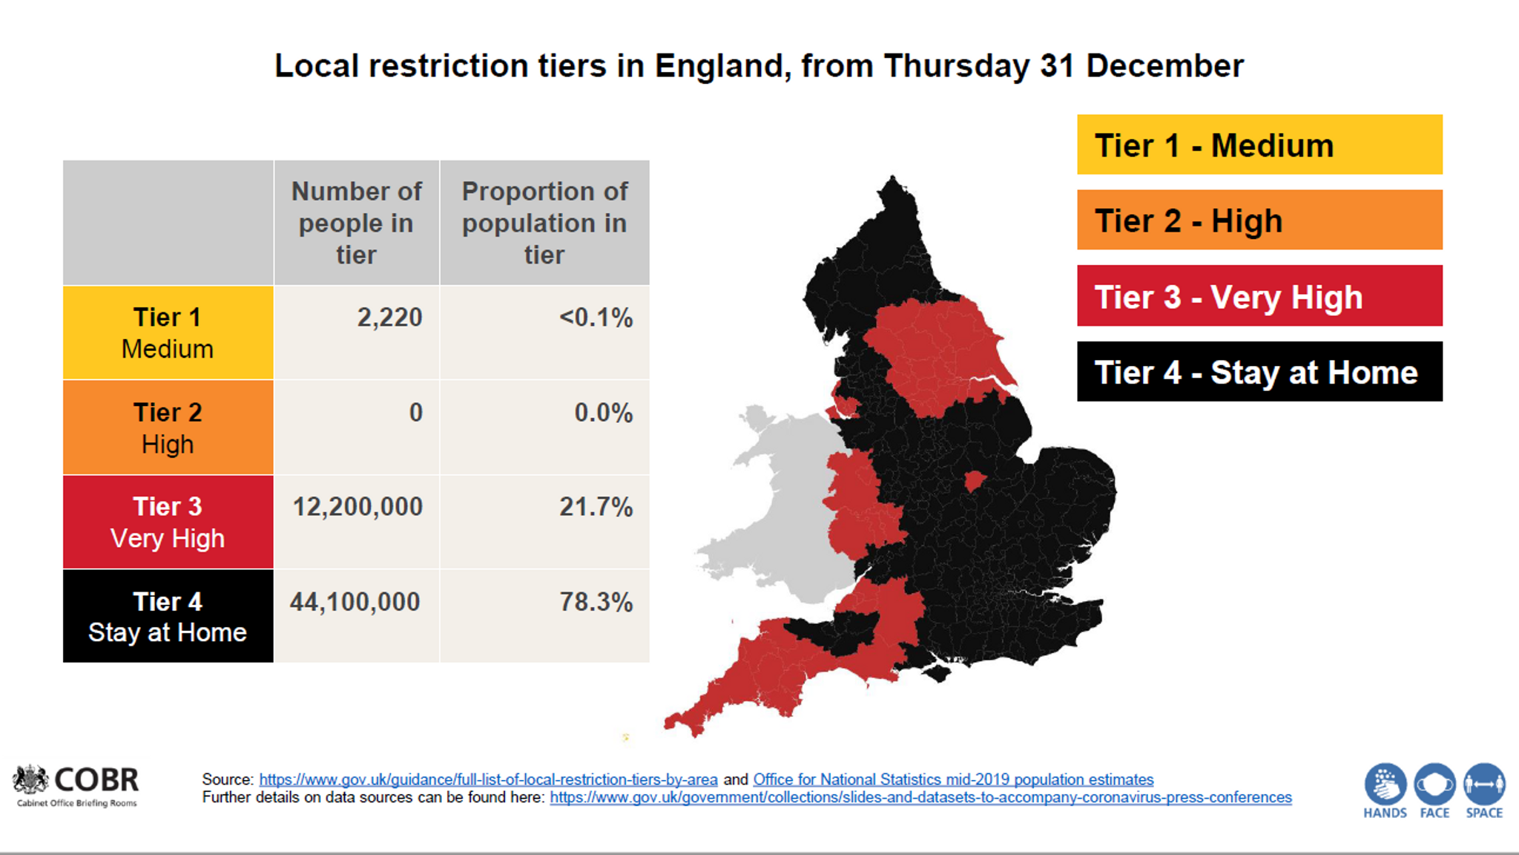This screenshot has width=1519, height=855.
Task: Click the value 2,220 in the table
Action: (x=389, y=318)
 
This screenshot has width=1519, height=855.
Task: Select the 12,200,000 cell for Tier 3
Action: (x=357, y=507)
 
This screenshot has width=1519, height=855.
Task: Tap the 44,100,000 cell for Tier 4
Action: (x=355, y=602)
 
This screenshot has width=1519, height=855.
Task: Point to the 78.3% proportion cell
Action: (x=596, y=602)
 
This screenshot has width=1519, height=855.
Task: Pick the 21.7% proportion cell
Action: (x=596, y=507)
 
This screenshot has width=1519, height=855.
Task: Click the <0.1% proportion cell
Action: (x=596, y=318)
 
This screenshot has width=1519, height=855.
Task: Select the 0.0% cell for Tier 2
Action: (x=603, y=413)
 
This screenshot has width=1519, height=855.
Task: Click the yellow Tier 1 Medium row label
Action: (x=168, y=332)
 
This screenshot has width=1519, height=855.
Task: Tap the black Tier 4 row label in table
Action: (x=168, y=616)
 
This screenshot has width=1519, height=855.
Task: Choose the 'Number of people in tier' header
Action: (x=356, y=223)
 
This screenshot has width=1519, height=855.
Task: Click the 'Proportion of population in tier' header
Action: (x=544, y=223)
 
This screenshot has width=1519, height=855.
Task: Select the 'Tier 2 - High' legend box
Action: (x=1259, y=220)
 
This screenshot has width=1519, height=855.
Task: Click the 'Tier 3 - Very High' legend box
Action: (x=1259, y=296)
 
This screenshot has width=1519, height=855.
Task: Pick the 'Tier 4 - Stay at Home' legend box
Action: (x=1259, y=372)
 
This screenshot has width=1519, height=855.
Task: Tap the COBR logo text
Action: (x=96, y=780)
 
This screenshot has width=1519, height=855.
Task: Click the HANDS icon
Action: (x=1385, y=785)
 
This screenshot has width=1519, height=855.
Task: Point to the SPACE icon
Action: (x=1484, y=785)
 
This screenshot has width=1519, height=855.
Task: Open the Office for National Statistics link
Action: (x=953, y=779)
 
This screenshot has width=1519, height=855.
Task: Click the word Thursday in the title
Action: (x=956, y=66)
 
